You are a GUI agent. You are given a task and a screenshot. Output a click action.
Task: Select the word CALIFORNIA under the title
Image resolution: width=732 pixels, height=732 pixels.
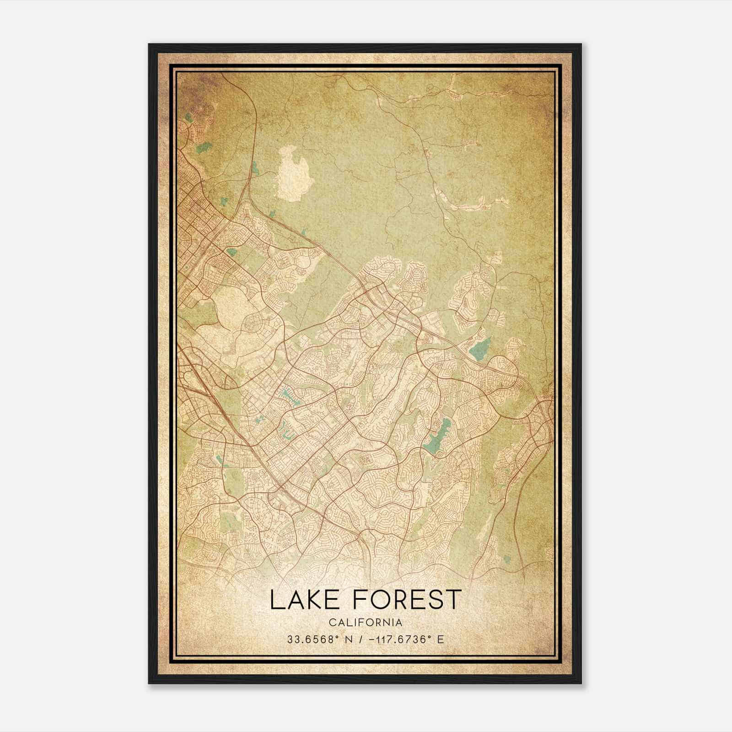coord(366,622)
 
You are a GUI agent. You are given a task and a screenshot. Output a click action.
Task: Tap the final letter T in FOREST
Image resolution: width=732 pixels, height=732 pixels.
coord(452,600)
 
